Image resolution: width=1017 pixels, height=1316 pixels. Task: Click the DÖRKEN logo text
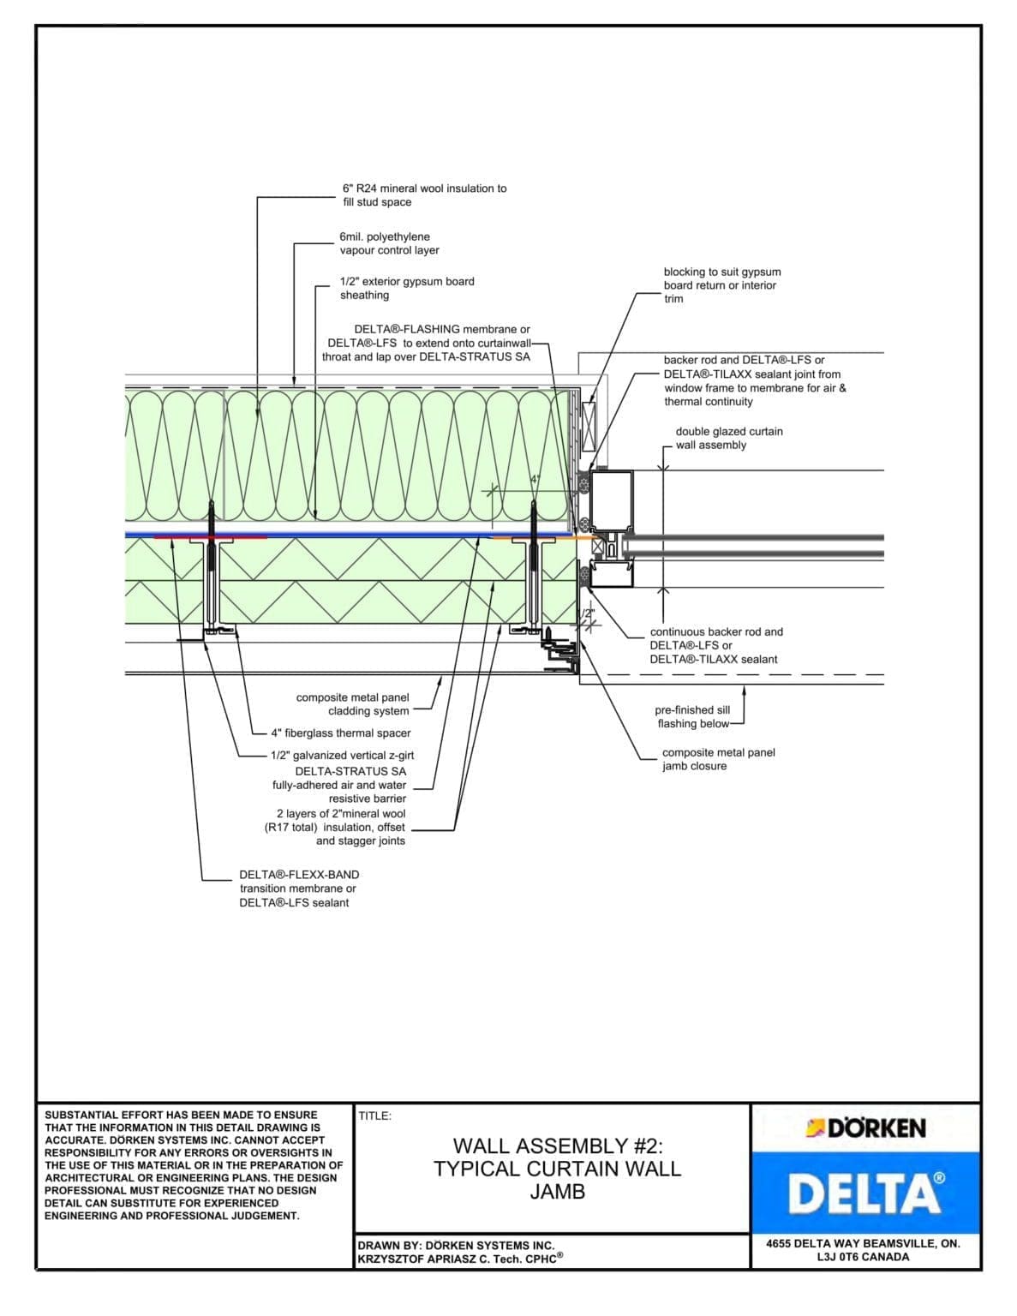pyautogui.click(x=875, y=1128)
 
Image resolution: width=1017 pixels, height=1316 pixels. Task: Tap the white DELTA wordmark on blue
pyautogui.click(x=865, y=1194)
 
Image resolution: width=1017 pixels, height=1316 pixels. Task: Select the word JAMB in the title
pyautogui.click(x=557, y=1192)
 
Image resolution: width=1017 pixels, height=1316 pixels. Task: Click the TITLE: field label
pyautogui.click(x=375, y=1116)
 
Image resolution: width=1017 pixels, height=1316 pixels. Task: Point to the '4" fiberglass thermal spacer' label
pyautogui.click(x=340, y=733)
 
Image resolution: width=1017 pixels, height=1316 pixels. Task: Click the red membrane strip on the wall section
pyautogui.click(x=210, y=537)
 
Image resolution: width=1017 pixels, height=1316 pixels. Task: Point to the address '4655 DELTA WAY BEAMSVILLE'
pyautogui.click(x=863, y=1243)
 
